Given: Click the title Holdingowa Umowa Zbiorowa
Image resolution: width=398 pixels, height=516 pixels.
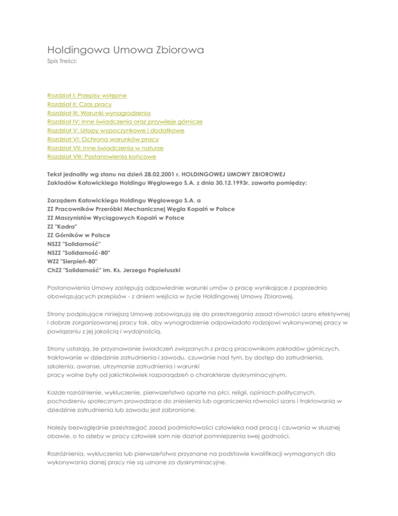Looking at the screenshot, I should tap(125, 51).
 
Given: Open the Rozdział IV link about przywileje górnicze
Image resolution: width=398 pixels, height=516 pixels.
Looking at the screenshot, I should tap(124, 121).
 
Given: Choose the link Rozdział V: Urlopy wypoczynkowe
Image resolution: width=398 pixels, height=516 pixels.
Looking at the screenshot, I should tap(116, 130).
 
